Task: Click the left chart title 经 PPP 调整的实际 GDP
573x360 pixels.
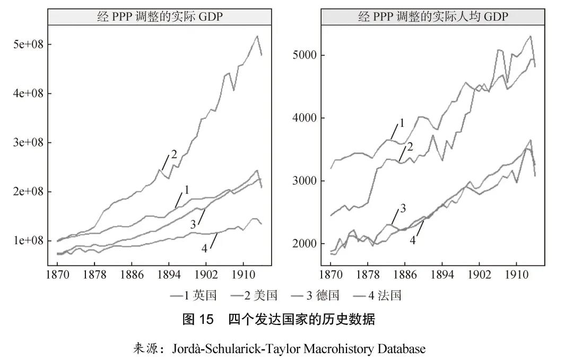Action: pos(160,16)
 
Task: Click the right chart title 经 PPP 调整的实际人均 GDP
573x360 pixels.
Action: pos(433,16)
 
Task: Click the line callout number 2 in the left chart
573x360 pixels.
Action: pos(174,155)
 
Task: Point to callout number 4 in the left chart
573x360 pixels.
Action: pos(205,248)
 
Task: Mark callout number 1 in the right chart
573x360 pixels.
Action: pos(402,123)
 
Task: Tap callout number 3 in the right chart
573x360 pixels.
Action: pos(403,208)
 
